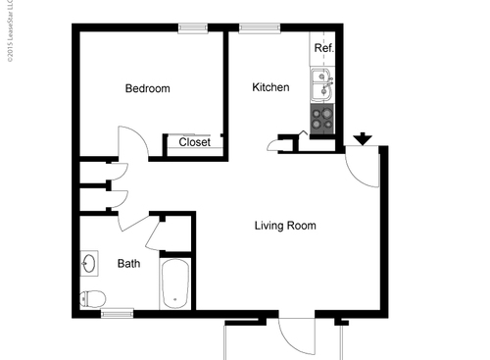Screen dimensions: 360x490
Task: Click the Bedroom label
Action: pyautogui.click(x=147, y=89)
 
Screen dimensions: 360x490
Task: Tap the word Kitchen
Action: pyautogui.click(x=270, y=88)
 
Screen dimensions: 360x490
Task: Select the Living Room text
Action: pyautogui.click(x=285, y=226)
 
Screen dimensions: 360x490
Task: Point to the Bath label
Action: pyautogui.click(x=128, y=264)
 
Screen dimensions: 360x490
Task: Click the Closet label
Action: pyautogui.click(x=194, y=143)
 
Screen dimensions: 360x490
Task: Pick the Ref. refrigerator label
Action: pyautogui.click(x=322, y=48)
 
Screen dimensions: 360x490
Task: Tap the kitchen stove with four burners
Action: pyautogui.click(x=322, y=119)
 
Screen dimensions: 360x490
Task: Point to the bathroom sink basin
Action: pyautogui.click(x=89, y=264)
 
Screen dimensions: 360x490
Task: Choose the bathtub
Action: pyautogui.click(x=174, y=283)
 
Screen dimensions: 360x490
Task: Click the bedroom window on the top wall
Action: pyautogui.click(x=192, y=27)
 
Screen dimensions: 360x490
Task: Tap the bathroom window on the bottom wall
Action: pyautogui.click(x=118, y=313)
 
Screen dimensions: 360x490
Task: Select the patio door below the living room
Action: pyautogui.click(x=295, y=338)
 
